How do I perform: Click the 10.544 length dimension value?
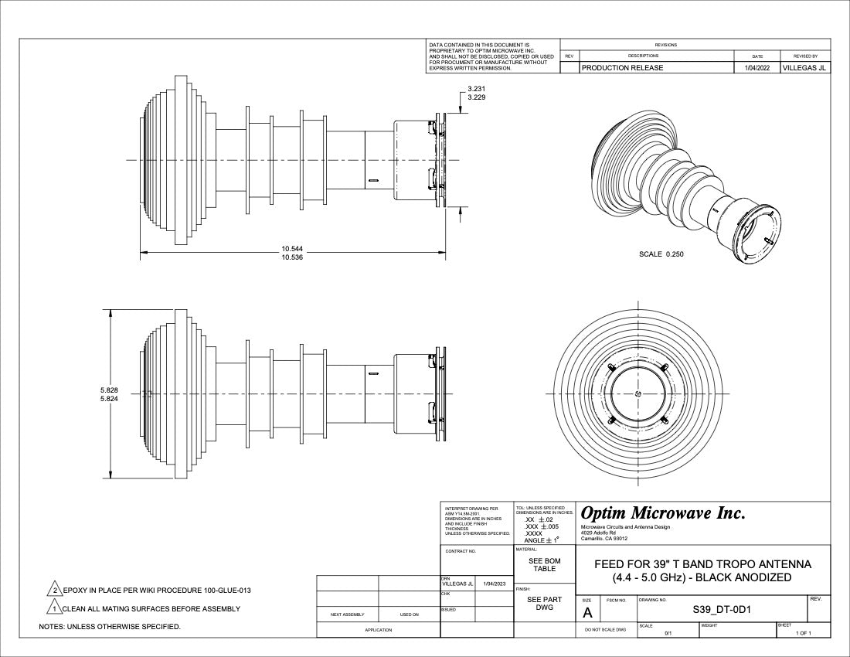coord(292,249)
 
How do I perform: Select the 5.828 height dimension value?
coord(109,389)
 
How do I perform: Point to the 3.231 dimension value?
coord(477,89)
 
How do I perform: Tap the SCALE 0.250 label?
coord(661,254)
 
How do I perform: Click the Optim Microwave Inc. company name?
coord(663,513)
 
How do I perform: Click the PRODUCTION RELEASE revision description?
coord(622,68)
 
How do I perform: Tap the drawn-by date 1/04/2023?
coord(495,584)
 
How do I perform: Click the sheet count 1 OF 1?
coord(804,633)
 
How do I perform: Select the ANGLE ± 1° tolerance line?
coord(541,540)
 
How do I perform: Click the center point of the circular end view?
coord(637,394)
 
